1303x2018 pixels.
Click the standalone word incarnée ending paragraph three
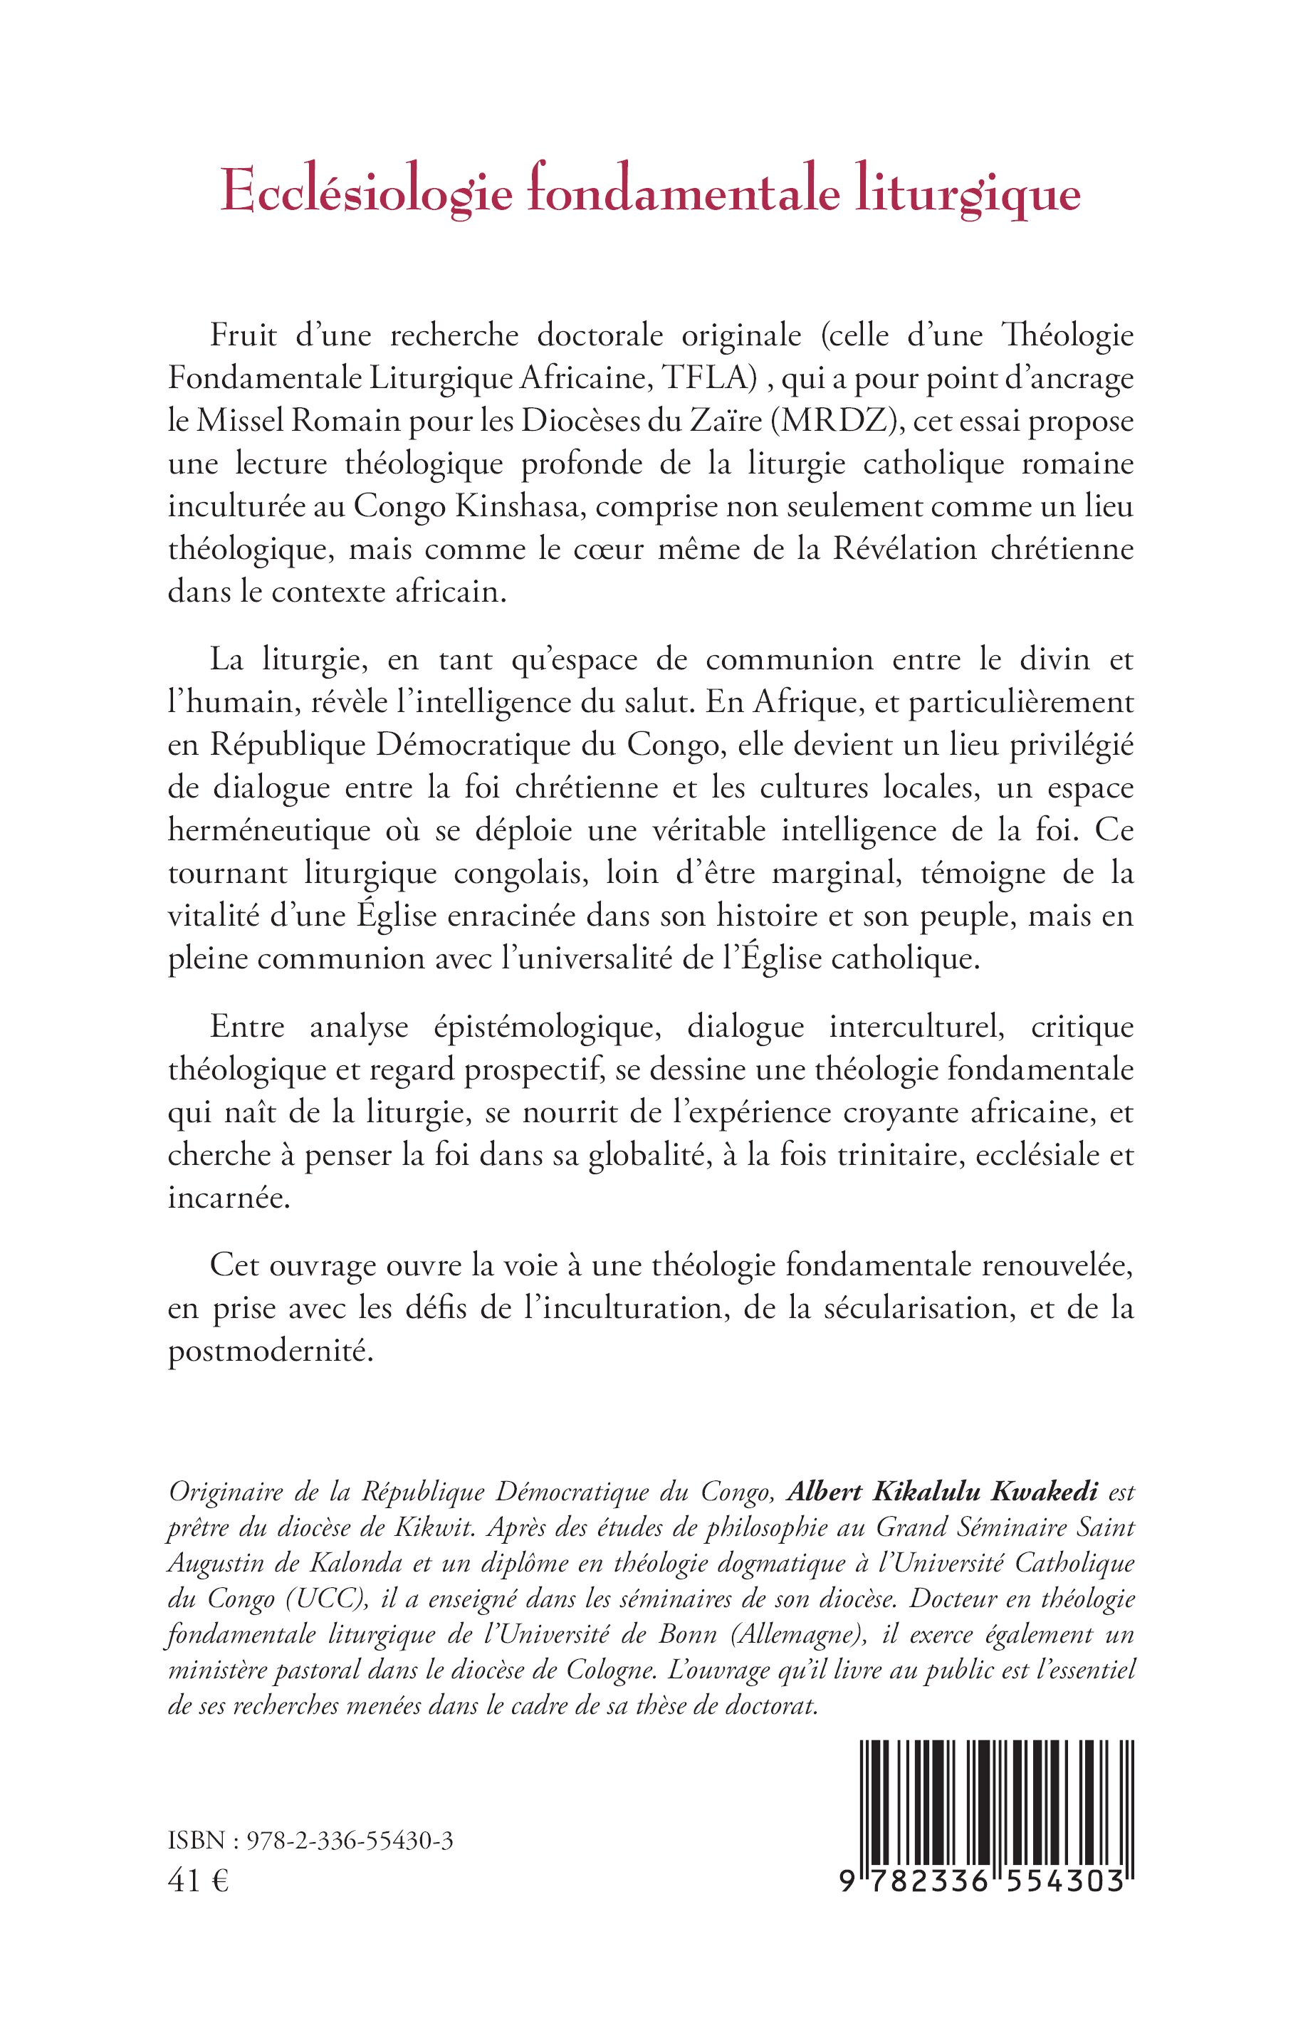(229, 1199)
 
